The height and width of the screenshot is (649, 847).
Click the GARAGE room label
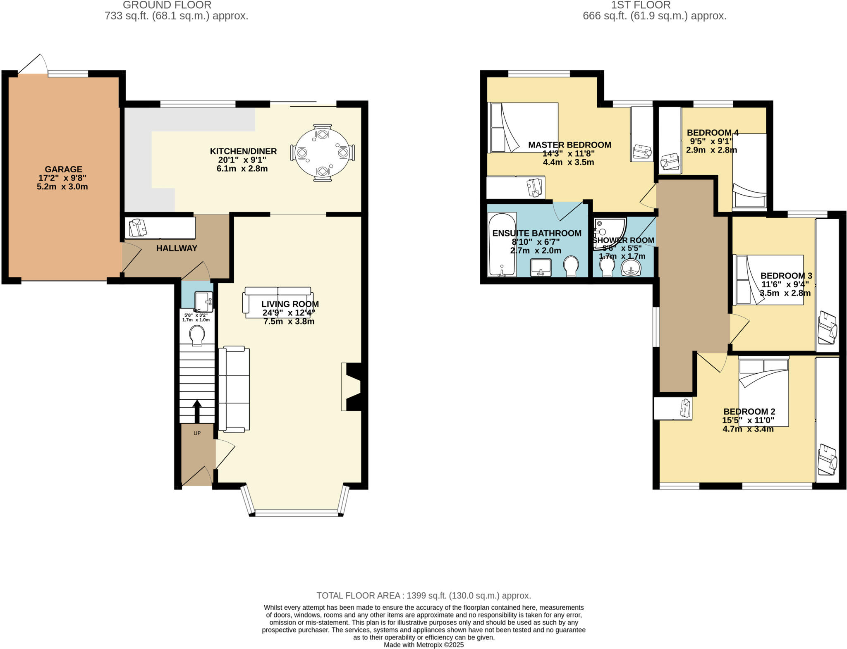coord(63,169)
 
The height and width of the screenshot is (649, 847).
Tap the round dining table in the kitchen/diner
coord(322,153)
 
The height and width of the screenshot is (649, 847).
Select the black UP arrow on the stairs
coord(197,410)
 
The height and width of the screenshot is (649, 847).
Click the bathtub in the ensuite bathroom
coord(502,244)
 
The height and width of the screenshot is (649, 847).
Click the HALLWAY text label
coord(177,248)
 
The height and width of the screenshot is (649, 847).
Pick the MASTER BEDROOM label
coord(569,145)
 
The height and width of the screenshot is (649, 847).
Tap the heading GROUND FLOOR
coord(167,5)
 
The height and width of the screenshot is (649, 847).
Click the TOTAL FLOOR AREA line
coord(423,595)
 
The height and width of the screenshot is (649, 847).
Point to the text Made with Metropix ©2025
coord(423,644)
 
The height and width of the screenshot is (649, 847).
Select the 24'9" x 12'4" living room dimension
coord(289,313)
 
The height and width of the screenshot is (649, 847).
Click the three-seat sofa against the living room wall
coord(234,389)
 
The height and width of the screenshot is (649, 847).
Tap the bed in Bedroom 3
coord(768,280)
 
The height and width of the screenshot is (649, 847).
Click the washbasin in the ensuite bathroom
coord(541,267)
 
